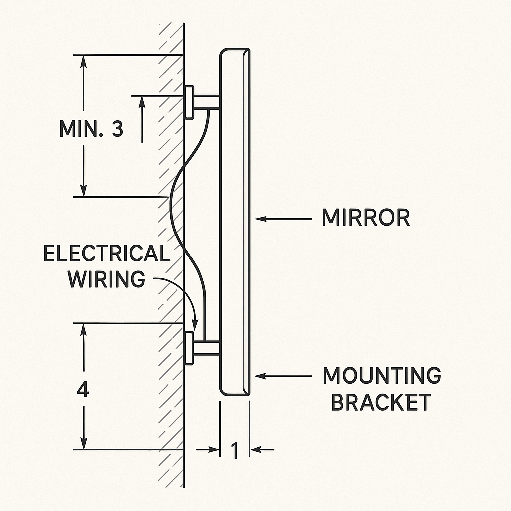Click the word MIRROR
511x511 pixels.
366,218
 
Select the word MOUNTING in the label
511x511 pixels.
382,376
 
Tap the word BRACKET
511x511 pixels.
381,402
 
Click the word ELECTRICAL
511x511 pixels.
106,254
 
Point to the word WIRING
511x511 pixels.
106,279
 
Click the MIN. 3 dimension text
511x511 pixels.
91,129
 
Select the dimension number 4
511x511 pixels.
83,390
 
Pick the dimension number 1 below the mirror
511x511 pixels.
235,451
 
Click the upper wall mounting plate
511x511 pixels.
189,102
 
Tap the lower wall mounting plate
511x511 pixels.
189,347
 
